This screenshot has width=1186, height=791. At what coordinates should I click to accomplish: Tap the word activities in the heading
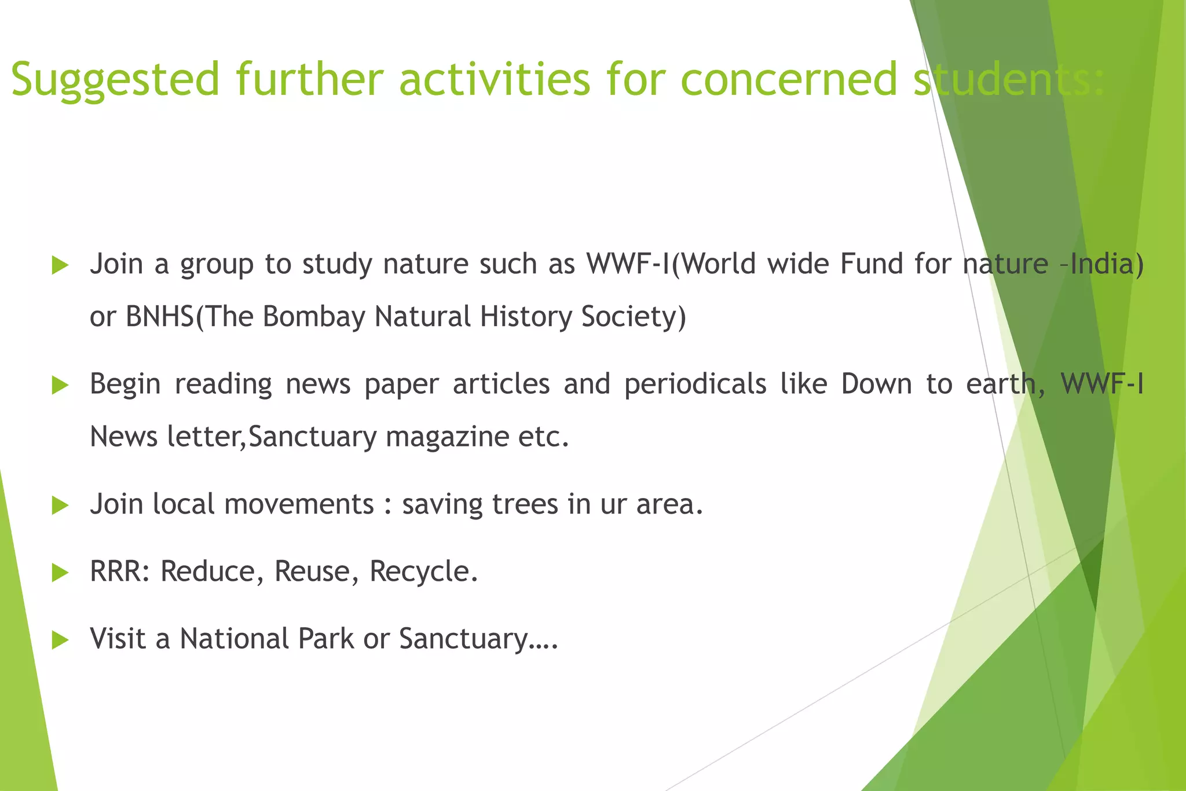(x=495, y=79)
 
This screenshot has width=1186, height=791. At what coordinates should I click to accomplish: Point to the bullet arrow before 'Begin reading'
(x=60, y=385)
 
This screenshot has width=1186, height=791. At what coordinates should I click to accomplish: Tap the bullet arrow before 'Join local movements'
(x=60, y=506)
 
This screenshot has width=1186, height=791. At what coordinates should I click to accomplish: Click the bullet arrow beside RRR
(x=60, y=573)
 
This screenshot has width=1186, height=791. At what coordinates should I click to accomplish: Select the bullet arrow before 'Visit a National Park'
(x=60, y=640)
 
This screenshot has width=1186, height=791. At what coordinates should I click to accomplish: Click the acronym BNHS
(x=160, y=317)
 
